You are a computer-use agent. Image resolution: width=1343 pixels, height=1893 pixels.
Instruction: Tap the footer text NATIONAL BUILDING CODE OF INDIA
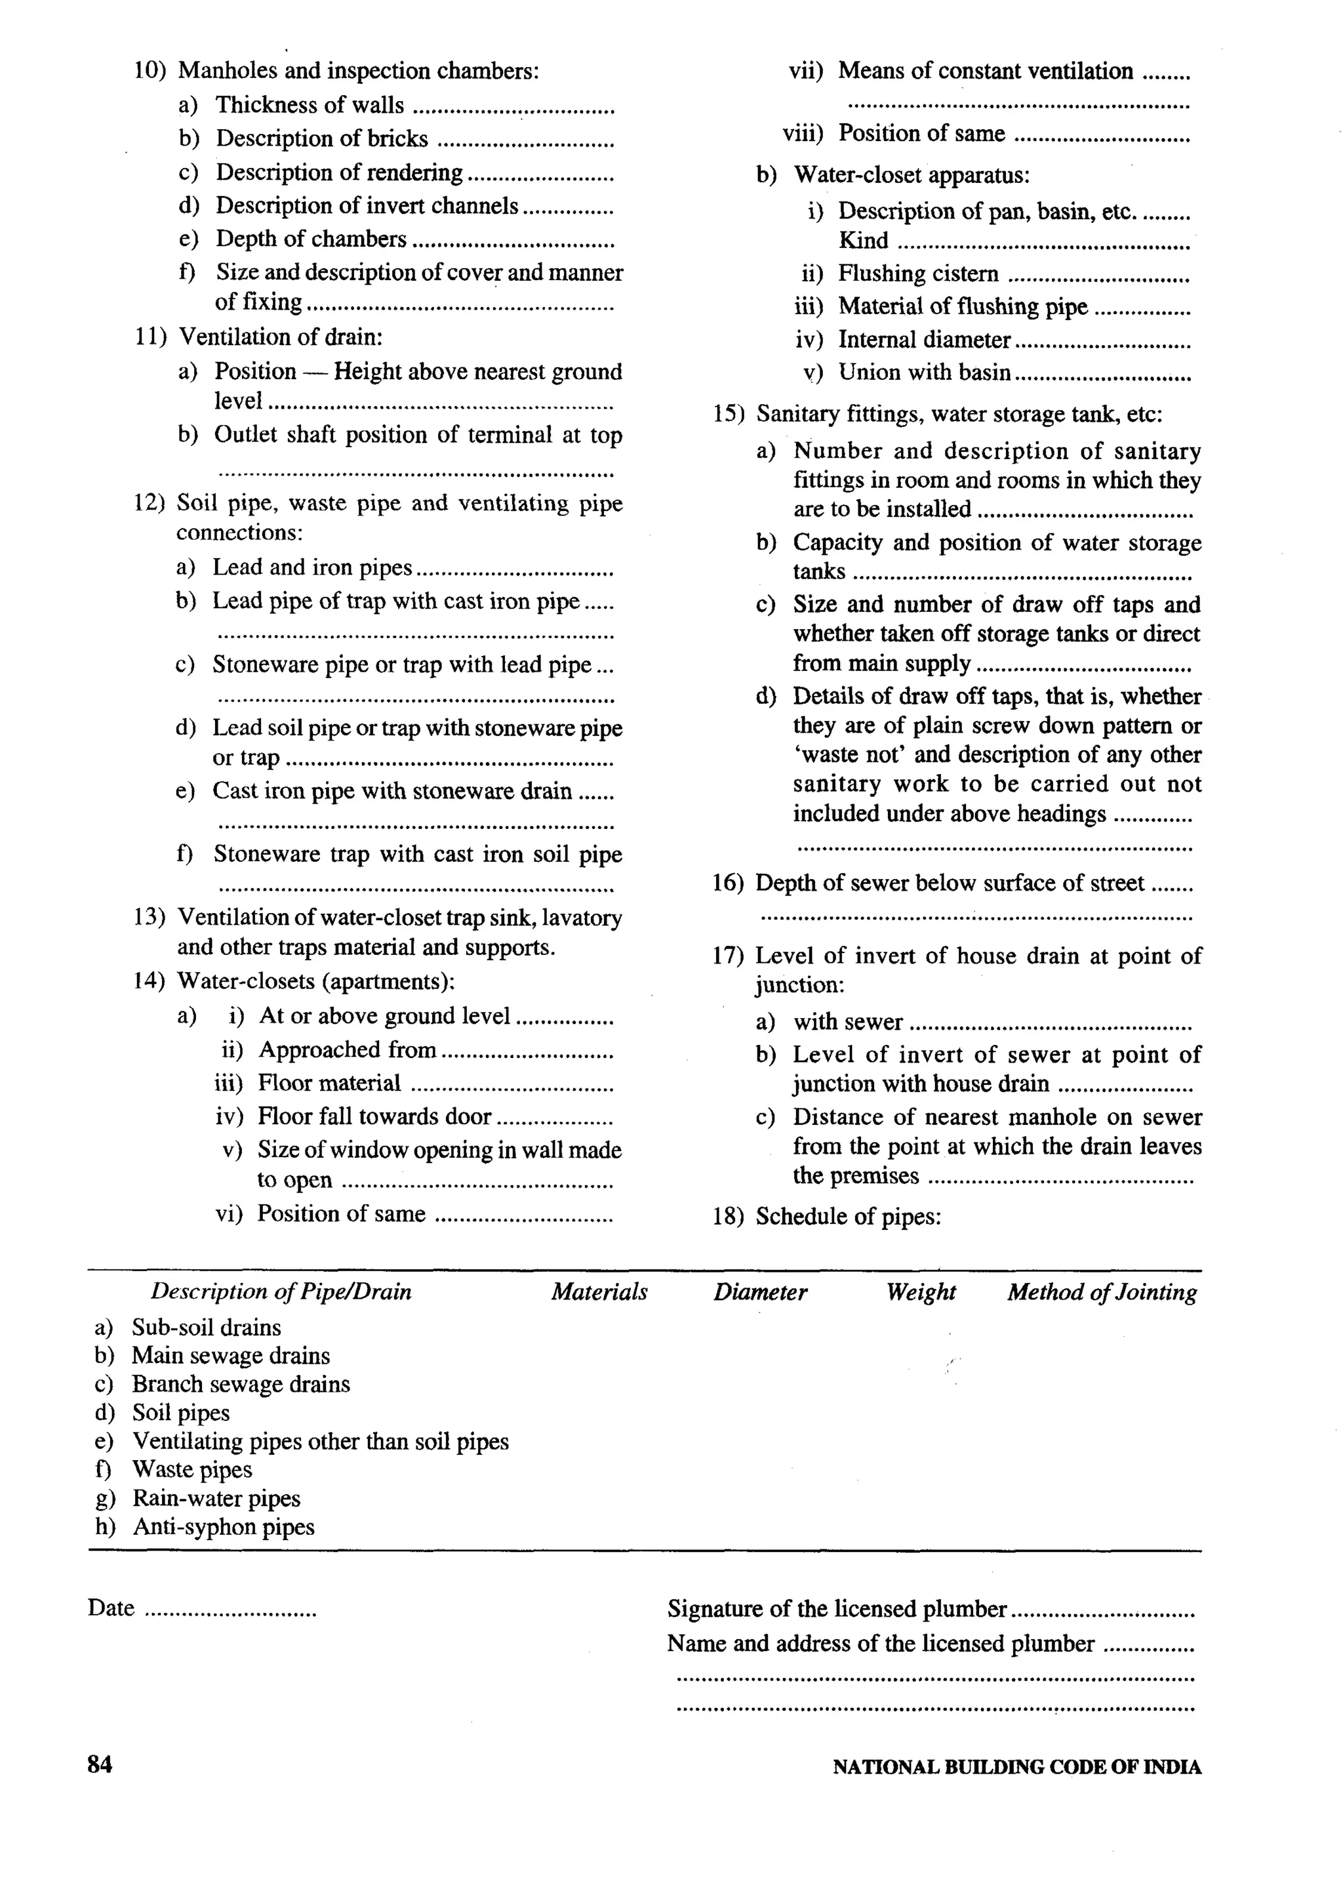click(x=1016, y=1767)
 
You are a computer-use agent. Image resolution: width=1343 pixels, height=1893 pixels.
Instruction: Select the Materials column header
click(x=599, y=1292)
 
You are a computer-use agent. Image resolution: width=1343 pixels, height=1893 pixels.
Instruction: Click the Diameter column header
click(x=760, y=1292)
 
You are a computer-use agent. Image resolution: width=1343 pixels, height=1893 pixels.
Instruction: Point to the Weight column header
click(x=921, y=1292)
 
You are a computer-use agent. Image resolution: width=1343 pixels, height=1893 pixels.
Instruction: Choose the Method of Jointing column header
click(x=1102, y=1292)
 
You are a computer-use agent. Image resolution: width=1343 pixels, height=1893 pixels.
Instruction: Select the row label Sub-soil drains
click(x=206, y=1328)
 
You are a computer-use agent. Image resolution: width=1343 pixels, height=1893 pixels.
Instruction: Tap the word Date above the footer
click(x=111, y=1608)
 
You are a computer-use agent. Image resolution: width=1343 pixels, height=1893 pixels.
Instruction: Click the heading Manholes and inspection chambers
click(x=358, y=71)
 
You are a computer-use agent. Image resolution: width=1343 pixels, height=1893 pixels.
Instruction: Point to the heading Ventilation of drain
click(x=281, y=336)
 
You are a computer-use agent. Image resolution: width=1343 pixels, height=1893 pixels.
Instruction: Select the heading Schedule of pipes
click(x=848, y=1217)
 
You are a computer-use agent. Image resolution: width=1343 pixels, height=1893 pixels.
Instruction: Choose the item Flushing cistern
click(x=918, y=274)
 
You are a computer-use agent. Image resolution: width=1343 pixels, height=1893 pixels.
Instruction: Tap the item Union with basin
click(x=924, y=373)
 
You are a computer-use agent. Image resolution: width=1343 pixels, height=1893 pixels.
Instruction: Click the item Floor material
click(x=329, y=1084)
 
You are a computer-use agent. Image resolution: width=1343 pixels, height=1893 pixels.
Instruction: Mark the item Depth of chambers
click(x=311, y=239)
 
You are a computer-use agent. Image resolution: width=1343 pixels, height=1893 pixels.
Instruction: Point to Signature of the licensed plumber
click(x=837, y=1608)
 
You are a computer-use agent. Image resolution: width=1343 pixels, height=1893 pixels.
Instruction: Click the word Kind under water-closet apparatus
click(x=864, y=241)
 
